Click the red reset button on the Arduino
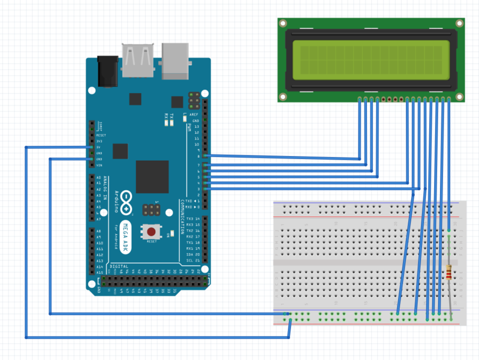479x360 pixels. [x=152, y=232]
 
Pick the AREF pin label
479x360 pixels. [x=194, y=114]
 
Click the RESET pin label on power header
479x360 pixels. [x=100, y=136]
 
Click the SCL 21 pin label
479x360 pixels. [x=193, y=260]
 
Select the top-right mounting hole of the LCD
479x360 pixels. [x=459, y=24]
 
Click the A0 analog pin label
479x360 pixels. [x=98, y=178]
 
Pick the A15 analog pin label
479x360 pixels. [x=99, y=272]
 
